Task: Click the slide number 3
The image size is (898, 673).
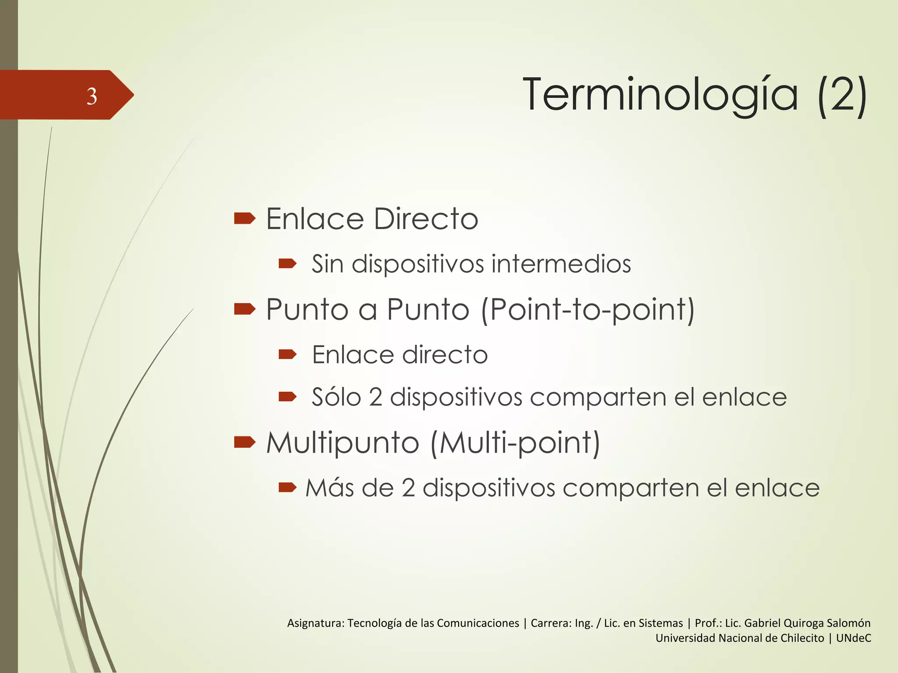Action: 92,96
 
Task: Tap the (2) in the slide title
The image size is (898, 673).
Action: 842,95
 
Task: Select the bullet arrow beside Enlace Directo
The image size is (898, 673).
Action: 245,218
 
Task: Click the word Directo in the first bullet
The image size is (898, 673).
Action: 426,219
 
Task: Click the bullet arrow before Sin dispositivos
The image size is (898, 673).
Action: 288,263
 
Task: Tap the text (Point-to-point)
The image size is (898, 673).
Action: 588,310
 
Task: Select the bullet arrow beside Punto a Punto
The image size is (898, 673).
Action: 245,309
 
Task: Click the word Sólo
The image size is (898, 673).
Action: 336,397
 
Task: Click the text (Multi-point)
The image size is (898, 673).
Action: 515,443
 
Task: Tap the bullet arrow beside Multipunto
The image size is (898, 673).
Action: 245,443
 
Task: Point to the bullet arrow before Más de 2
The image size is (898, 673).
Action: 288,487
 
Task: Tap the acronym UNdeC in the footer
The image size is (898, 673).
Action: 853,638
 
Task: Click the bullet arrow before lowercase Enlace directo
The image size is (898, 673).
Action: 288,354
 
